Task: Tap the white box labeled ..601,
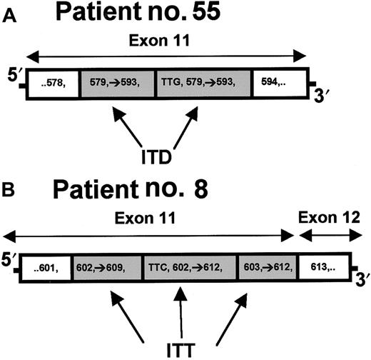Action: (x=48, y=269)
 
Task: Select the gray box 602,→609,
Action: (x=106, y=269)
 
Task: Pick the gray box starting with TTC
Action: (x=190, y=269)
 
